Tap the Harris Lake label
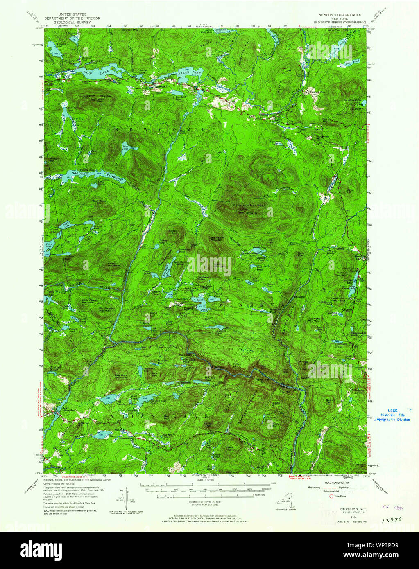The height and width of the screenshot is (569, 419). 190,73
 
